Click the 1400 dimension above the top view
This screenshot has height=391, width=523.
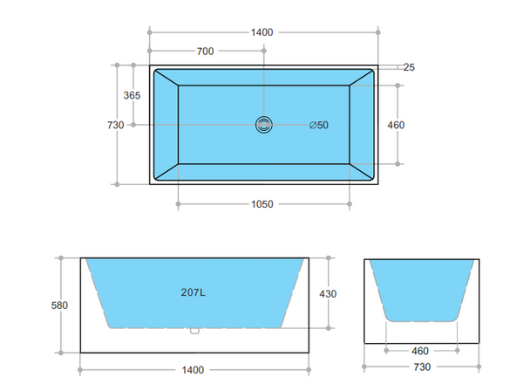pos(261,32)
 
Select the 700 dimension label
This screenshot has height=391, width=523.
pos(205,51)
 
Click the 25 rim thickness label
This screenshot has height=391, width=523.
pos(409,67)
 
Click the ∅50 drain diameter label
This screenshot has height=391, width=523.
pos(319,125)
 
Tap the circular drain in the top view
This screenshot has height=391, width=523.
pos(264,125)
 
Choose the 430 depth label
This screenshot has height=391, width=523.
pos(327,293)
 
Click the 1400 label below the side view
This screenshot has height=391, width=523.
pos(193,370)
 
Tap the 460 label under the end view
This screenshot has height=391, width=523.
pos(421,352)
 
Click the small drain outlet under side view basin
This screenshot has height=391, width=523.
pos(194,331)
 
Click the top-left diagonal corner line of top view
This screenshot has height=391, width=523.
pos(166,77)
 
